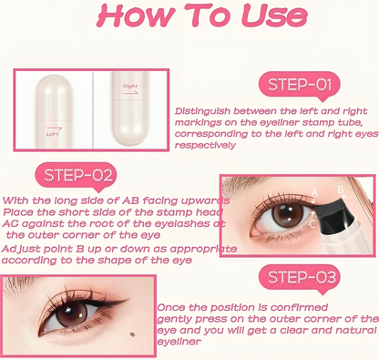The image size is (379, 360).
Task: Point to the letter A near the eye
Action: [313, 192]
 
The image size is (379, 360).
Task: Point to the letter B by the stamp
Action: [342, 190]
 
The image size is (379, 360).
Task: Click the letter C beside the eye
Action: [313, 222]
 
